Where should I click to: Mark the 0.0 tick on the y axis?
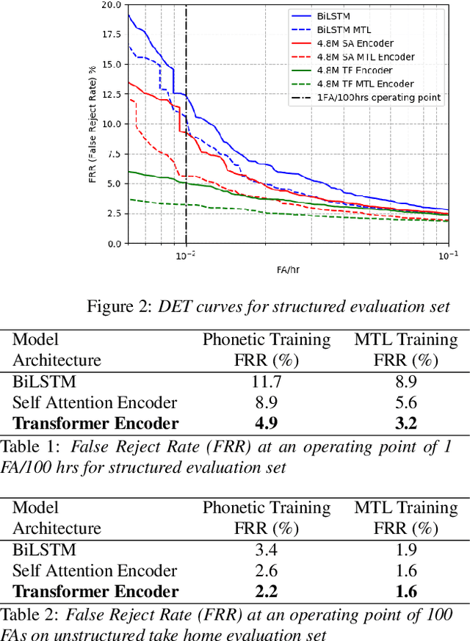point(115,243)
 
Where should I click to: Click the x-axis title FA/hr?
point(287,269)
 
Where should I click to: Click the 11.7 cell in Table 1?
point(266,382)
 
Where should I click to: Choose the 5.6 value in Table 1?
point(405,402)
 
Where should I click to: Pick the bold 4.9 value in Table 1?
point(266,423)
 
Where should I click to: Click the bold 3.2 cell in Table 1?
point(405,423)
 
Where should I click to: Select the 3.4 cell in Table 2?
point(266,550)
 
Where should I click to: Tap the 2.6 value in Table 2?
point(266,571)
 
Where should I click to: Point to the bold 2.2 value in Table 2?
point(266,591)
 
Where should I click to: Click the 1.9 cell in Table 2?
point(405,550)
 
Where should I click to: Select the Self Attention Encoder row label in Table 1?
point(95,402)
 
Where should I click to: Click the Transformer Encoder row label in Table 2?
point(95,591)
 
